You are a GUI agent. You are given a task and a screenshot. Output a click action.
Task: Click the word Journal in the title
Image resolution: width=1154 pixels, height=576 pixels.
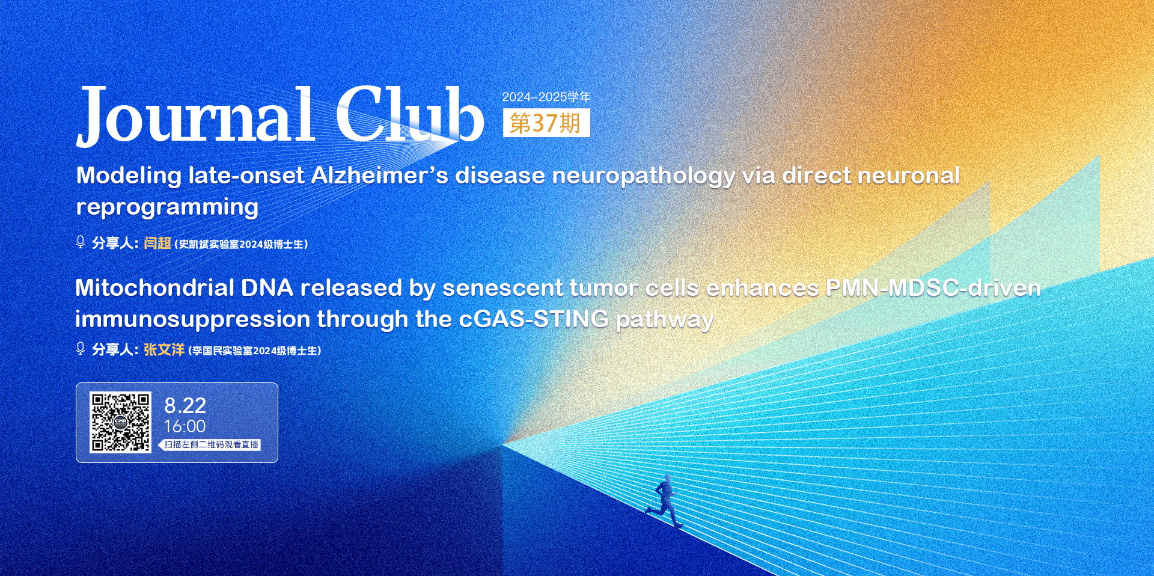coord(195,115)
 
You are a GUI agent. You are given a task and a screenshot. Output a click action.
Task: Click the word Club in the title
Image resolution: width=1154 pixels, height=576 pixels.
coord(410,114)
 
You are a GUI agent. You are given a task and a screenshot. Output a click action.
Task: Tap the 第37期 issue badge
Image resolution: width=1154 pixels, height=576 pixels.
coord(546,123)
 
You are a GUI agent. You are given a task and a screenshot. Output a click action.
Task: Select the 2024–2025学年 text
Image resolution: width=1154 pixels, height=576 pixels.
coord(546,97)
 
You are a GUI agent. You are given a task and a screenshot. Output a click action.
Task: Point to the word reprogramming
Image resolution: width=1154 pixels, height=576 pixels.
coord(167,207)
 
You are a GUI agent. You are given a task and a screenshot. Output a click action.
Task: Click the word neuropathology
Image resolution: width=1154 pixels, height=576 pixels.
coord(643,176)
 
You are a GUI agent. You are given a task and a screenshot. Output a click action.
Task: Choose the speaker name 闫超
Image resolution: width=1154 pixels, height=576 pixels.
coord(157,243)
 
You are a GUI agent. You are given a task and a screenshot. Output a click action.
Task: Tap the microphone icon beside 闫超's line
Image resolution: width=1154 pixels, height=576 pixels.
coord(81,242)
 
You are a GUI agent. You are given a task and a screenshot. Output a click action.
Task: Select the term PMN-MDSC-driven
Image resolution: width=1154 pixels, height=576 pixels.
coord(933,288)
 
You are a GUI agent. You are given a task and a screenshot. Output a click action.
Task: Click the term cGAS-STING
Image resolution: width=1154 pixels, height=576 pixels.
coord(534,319)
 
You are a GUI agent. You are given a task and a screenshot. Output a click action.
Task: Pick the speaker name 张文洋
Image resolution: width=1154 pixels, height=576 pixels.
coord(164,349)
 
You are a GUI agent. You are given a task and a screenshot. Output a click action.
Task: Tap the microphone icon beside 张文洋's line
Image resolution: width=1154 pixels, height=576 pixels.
coord(81,349)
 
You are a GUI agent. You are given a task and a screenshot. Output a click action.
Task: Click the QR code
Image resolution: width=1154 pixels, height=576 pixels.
coord(120,423)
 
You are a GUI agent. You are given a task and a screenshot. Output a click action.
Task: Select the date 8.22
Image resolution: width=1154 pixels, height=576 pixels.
coord(185,406)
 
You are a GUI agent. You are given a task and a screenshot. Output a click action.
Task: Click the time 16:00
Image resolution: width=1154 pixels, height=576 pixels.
coord(185,426)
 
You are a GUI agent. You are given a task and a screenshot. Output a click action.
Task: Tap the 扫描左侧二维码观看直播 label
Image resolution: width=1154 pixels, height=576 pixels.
coord(211,445)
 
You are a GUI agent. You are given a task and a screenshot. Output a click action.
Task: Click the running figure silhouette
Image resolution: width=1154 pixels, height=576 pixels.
coord(664,502)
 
